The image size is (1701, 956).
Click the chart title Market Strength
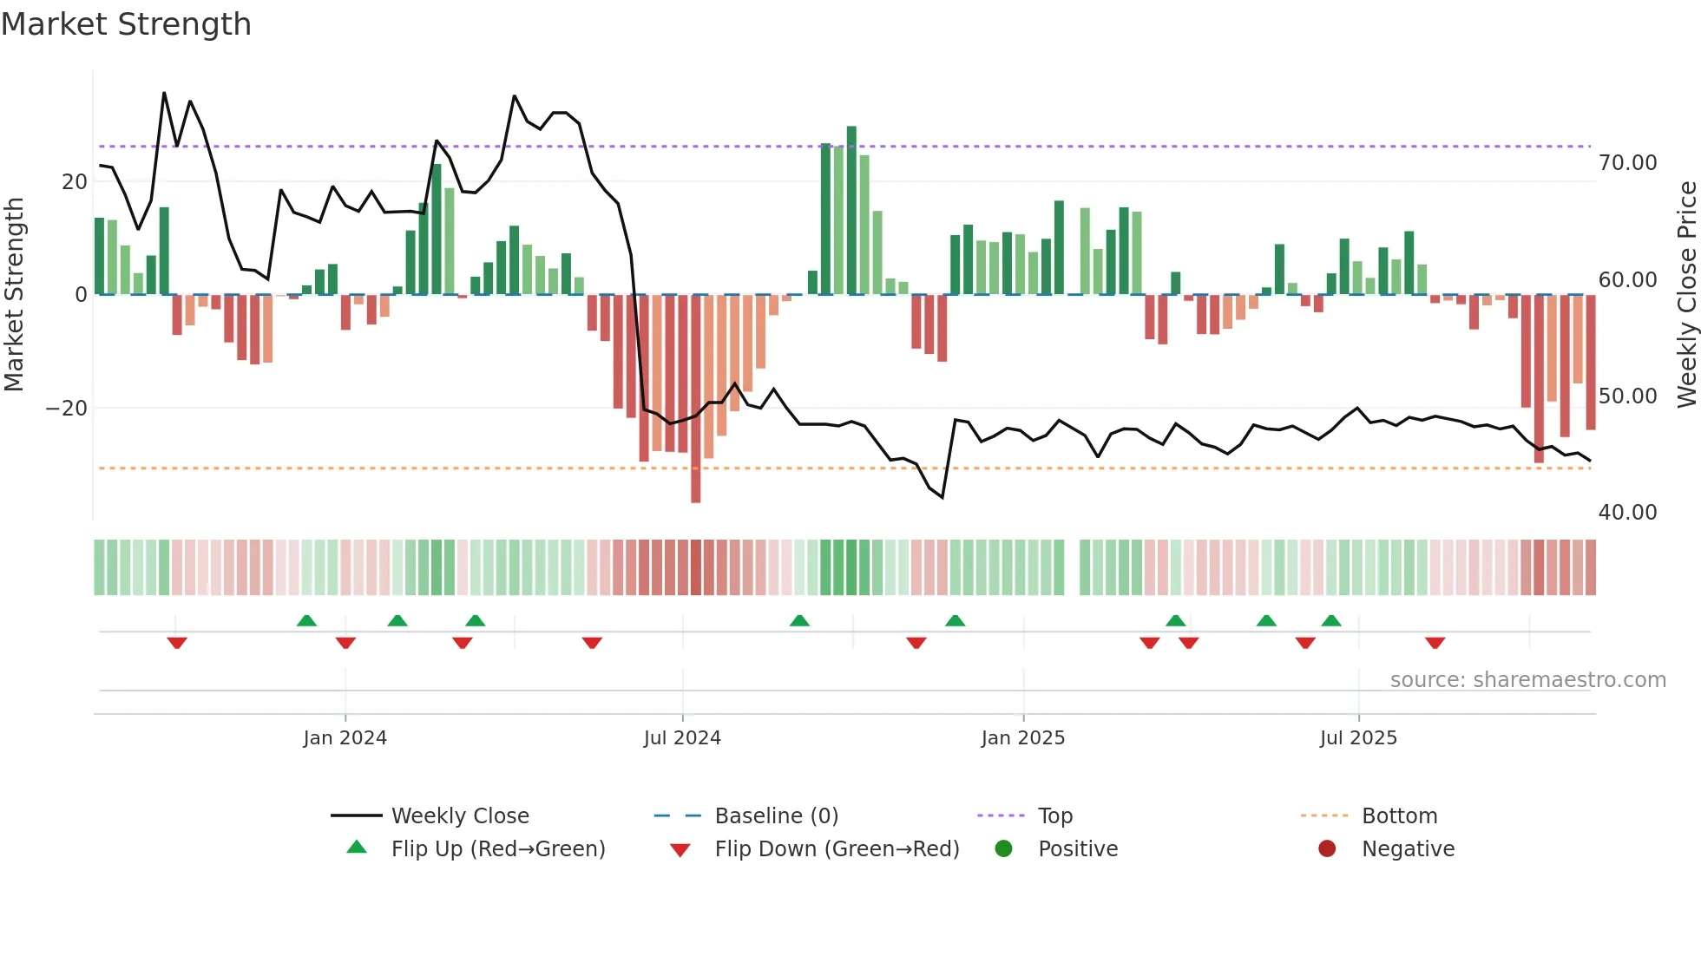(x=126, y=24)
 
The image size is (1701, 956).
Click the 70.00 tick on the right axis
(x=1627, y=163)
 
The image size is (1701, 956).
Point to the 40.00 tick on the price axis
(x=1627, y=513)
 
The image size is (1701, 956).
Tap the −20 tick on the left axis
(x=67, y=408)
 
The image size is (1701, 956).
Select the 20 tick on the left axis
(x=75, y=182)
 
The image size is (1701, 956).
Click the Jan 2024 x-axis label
(x=345, y=738)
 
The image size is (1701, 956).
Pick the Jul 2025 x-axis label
(x=1358, y=738)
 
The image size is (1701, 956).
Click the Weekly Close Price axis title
(x=1686, y=295)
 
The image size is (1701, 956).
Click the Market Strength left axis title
(x=14, y=295)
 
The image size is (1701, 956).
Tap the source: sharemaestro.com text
(x=1527, y=680)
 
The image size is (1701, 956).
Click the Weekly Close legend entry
(x=459, y=816)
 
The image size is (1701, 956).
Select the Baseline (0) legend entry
(x=776, y=816)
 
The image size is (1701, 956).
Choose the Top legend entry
(x=1054, y=816)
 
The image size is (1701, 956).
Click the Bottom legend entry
(x=1399, y=816)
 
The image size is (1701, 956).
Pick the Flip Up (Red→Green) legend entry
(x=497, y=849)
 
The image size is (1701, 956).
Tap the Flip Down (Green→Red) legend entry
(x=837, y=849)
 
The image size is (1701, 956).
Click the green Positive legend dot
(x=1003, y=849)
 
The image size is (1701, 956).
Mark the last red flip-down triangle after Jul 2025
(x=1435, y=643)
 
